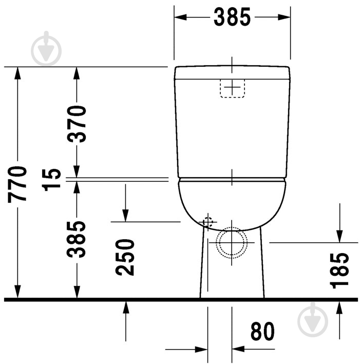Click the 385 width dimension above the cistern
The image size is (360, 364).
point(232,17)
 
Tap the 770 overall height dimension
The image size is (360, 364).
point(18,183)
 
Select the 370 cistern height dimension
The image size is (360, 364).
point(78,123)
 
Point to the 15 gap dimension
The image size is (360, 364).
point(53,179)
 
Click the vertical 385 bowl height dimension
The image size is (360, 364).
point(78,239)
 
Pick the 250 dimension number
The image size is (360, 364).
point(125,257)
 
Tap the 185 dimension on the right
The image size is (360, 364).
point(339,270)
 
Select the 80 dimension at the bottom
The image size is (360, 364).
point(262,332)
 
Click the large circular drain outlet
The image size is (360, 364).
point(232,242)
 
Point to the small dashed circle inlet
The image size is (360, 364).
point(207,222)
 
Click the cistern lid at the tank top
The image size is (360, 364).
point(232,72)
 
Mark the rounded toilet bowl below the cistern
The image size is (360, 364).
point(232,203)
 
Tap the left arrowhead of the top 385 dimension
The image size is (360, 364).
point(179,17)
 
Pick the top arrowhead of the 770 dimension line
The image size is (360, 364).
point(18,72)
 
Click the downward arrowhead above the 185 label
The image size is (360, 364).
point(339,236)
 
